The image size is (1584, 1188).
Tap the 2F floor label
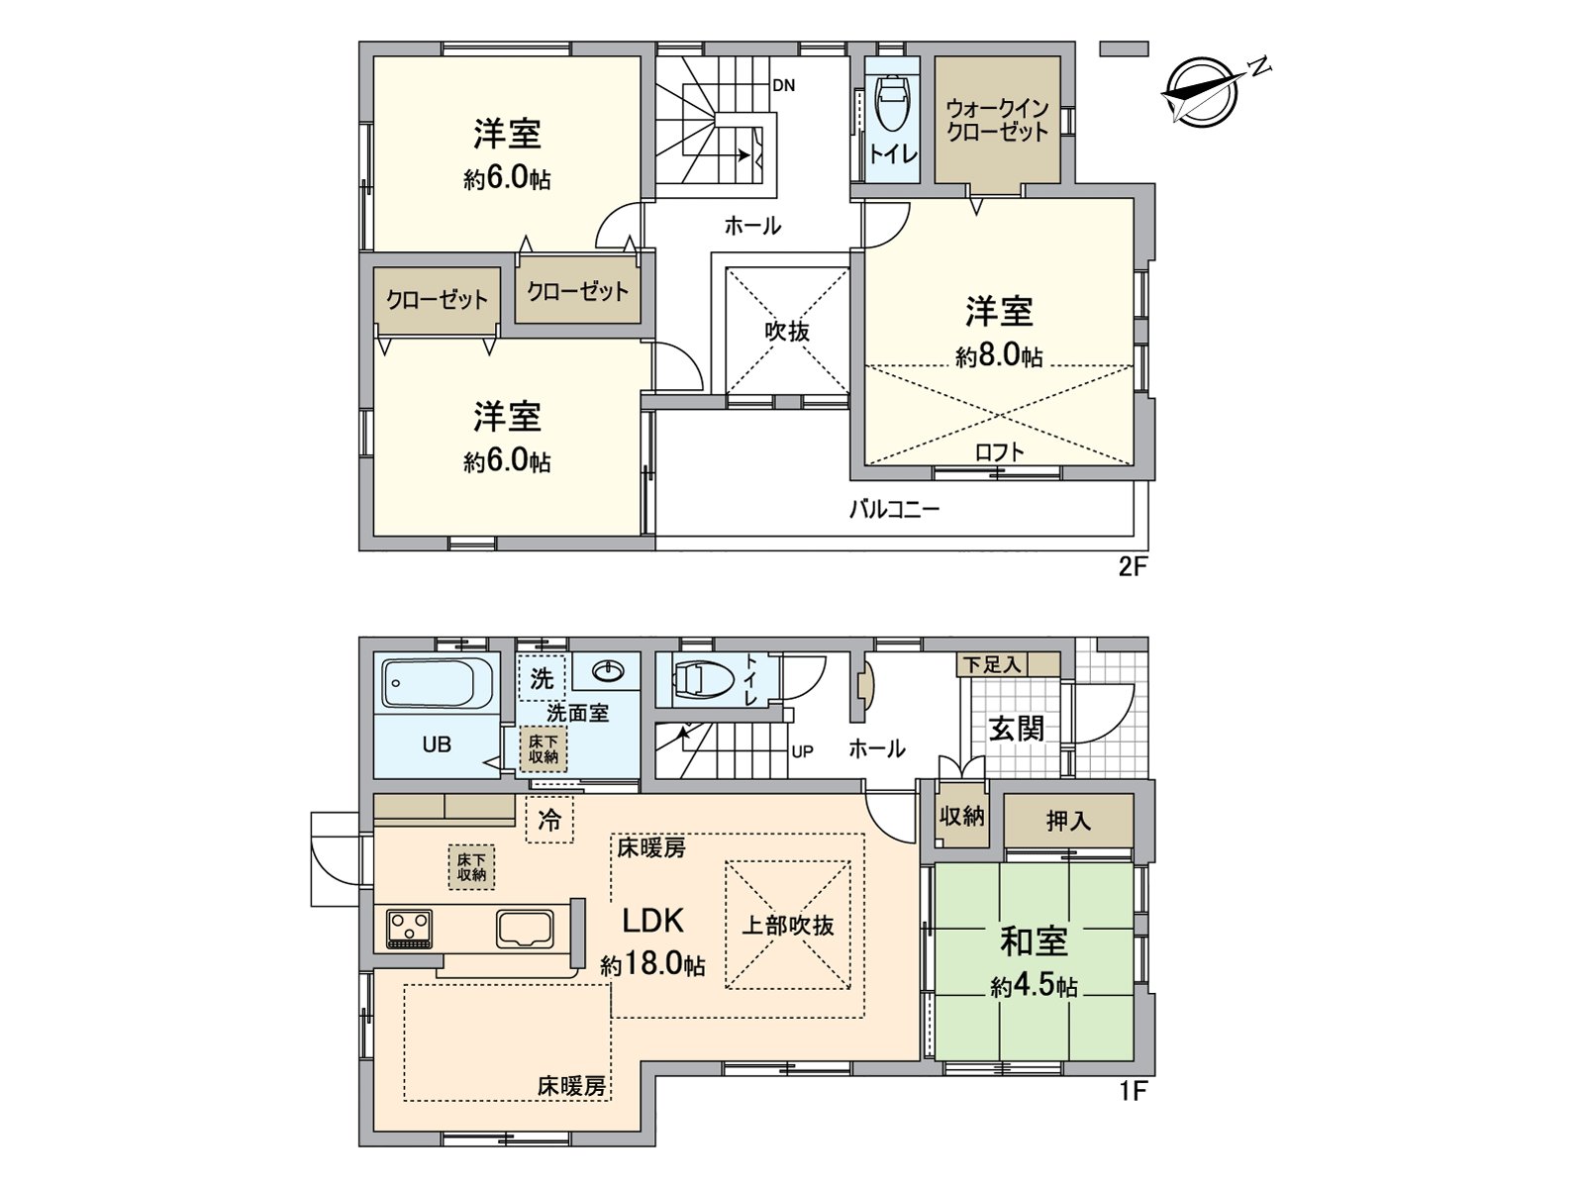pyautogui.click(x=1133, y=567)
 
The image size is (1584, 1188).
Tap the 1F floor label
pyautogui.click(x=1133, y=1092)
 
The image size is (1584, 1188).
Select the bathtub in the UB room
pyautogui.click(x=437, y=683)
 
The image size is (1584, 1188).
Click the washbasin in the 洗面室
pyautogui.click(x=607, y=672)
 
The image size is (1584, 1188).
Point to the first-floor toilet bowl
pyautogui.click(x=702, y=679)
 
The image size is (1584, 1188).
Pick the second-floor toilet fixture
pyautogui.click(x=893, y=105)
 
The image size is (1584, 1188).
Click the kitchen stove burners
pyautogui.click(x=409, y=929)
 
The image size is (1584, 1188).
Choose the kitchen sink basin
pyautogui.click(x=526, y=929)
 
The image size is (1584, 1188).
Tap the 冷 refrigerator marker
pyautogui.click(x=549, y=820)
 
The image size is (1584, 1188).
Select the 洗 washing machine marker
pyautogui.click(x=542, y=678)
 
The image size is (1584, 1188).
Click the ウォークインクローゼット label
pyautogui.click(x=996, y=120)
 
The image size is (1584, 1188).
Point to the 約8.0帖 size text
pyautogui.click(x=999, y=355)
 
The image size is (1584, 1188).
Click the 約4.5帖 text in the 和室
pyautogui.click(x=1034, y=986)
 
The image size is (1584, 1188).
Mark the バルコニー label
pyautogui.click(x=894, y=510)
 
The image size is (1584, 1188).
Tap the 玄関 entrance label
pyautogui.click(x=1017, y=729)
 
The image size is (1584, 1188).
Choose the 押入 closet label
pyautogui.click(x=1068, y=821)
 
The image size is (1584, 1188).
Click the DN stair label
pyautogui.click(x=783, y=86)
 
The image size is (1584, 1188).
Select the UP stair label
pyautogui.click(x=802, y=751)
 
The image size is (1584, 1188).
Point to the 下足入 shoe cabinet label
pyautogui.click(x=993, y=664)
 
